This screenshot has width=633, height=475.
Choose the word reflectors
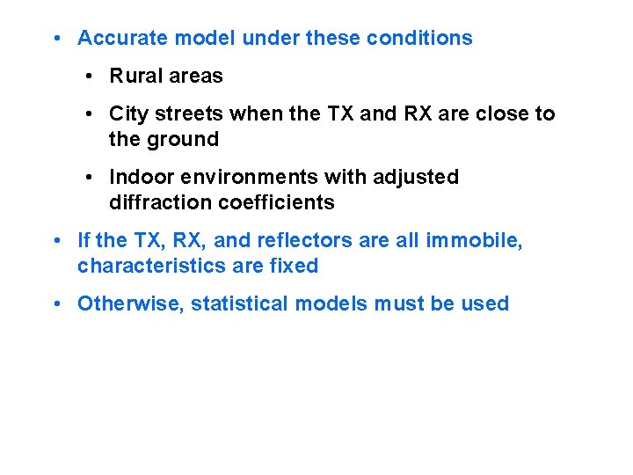point(296,241)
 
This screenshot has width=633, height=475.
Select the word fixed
point(294,267)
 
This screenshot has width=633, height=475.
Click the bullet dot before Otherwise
point(56,304)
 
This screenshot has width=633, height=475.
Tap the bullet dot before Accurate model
point(56,39)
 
